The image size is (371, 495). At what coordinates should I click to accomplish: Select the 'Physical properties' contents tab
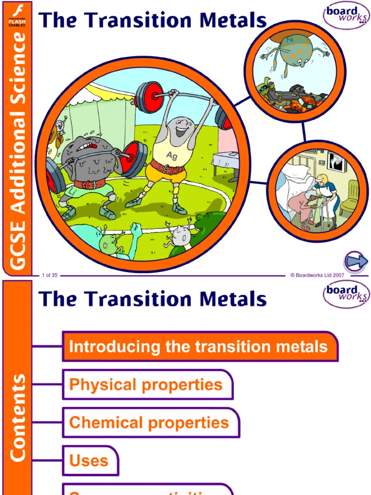147,385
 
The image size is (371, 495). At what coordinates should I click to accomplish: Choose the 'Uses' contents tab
89,460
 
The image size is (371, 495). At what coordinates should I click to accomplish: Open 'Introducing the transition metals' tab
200,347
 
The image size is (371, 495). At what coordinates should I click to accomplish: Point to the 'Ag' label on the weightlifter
172,155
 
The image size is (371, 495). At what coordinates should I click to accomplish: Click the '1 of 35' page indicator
50,276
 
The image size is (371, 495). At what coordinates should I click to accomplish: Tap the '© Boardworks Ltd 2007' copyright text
317,276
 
